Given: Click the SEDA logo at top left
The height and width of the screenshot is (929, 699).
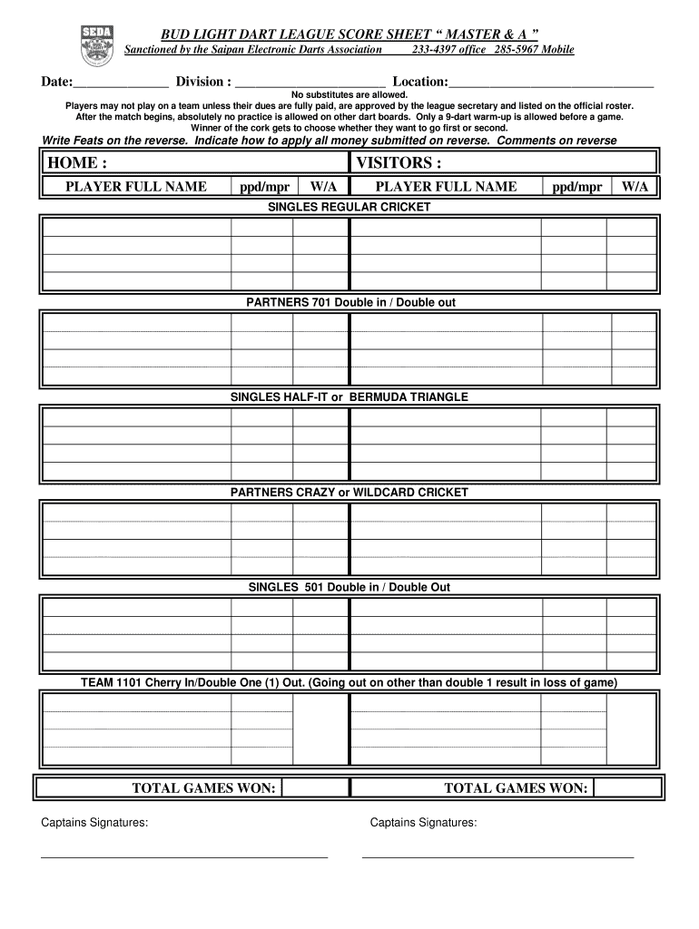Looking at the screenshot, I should (x=97, y=44).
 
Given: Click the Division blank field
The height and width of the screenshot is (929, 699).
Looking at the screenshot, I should (x=310, y=85).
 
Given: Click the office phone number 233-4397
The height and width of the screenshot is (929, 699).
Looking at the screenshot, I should (x=434, y=50).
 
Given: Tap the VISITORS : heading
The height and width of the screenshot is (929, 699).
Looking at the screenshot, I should (x=399, y=162).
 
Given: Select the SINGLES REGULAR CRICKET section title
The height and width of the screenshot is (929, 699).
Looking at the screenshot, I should (x=349, y=207).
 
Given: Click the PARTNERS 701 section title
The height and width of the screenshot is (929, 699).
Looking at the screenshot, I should (x=349, y=302).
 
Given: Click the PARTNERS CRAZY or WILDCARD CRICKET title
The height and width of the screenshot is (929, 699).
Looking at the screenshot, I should (x=349, y=493).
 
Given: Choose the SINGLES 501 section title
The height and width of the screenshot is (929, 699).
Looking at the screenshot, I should (x=349, y=588).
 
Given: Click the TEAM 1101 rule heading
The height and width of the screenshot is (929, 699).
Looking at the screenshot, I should (x=349, y=683).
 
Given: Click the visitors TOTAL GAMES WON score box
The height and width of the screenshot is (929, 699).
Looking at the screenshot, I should (x=625, y=788).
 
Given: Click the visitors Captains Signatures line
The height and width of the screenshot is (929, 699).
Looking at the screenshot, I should (x=497, y=856).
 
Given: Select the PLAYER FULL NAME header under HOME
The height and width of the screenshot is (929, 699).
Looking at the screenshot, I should (x=136, y=187).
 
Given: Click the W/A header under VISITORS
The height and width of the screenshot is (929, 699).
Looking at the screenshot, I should (x=635, y=187).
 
